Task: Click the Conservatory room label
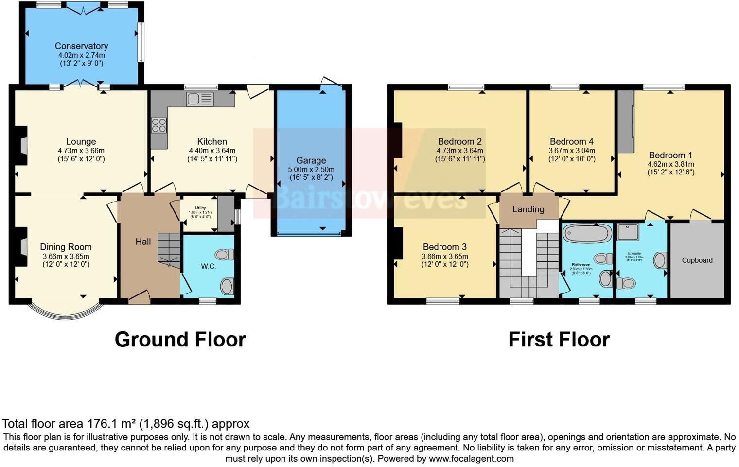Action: [x=81, y=46]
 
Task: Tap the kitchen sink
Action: [x=199, y=99]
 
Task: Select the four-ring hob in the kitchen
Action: [x=159, y=125]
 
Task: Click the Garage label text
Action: [x=311, y=160]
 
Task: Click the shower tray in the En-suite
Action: [x=628, y=232]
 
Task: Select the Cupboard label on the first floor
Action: [x=697, y=260]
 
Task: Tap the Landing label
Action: [x=528, y=209]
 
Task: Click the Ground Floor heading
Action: [x=180, y=339]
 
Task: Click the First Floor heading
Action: [x=559, y=339]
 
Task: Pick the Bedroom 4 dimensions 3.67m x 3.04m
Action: [x=572, y=151]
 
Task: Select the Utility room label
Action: [x=200, y=208]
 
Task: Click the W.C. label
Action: [x=209, y=267]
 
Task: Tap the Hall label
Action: [x=143, y=242]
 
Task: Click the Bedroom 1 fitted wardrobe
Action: [x=626, y=121]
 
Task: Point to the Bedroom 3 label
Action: [x=445, y=247]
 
